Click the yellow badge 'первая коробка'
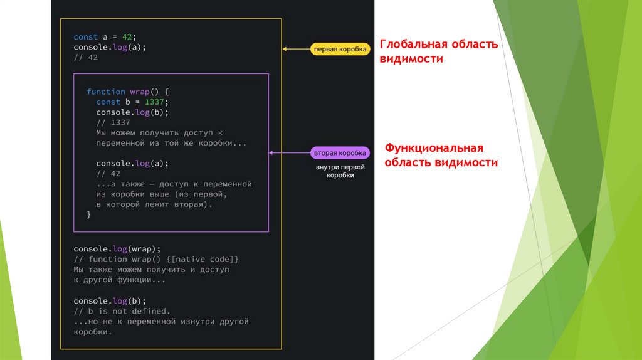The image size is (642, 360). click(x=340, y=48)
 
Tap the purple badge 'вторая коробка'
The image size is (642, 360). click(x=340, y=152)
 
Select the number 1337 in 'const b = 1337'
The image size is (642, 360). click(x=157, y=102)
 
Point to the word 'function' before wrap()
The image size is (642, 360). click(x=106, y=92)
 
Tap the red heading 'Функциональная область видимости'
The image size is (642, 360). click(x=441, y=155)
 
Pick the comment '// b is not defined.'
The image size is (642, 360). click(x=122, y=311)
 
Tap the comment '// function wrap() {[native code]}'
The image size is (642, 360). click(x=156, y=259)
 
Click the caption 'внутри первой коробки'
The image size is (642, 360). click(x=340, y=171)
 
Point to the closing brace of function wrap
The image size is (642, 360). click(x=89, y=214)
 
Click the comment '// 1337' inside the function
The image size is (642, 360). click(x=113, y=122)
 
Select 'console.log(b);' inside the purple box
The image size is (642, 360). click(x=132, y=112)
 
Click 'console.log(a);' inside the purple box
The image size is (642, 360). click(x=132, y=163)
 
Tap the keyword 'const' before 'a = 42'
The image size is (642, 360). click(x=85, y=37)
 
